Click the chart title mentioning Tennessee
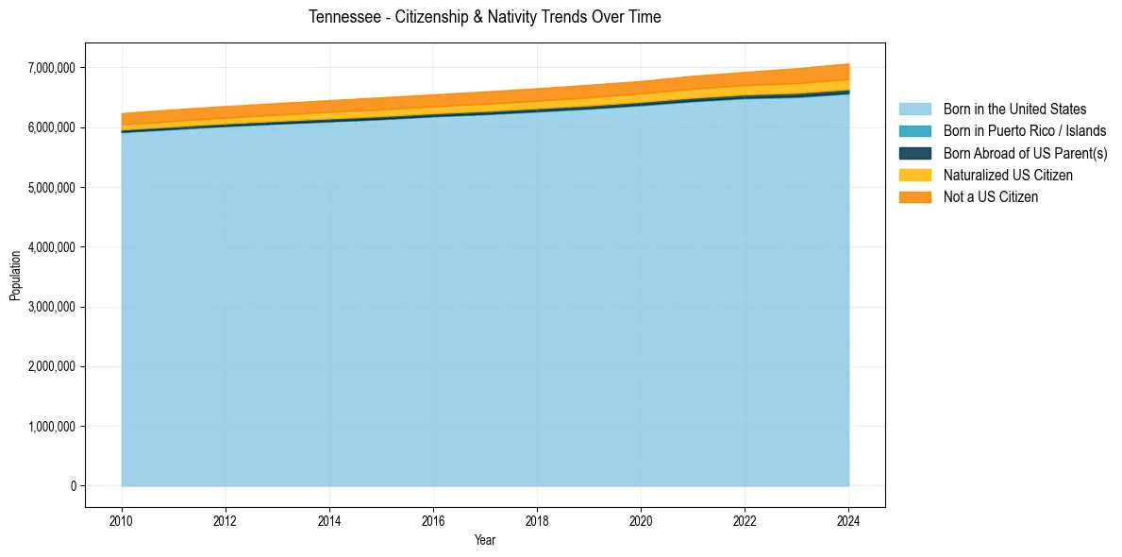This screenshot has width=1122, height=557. point(485,17)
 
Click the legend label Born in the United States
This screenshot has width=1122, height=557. point(1014,110)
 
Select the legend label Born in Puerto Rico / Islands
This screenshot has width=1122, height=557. point(1025,131)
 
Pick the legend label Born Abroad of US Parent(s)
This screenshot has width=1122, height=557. point(1025,153)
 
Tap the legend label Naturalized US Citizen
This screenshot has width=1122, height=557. point(1008,176)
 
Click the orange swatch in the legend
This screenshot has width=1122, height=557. point(914,197)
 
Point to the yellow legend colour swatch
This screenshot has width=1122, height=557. point(914,176)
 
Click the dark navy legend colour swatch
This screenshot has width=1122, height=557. point(914,153)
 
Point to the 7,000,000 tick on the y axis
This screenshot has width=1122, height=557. point(53,68)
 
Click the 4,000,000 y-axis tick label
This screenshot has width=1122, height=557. point(53,247)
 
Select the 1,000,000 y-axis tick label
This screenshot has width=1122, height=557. point(53,427)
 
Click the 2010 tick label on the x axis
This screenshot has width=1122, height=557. point(122,520)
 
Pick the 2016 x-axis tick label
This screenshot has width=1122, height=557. point(433,520)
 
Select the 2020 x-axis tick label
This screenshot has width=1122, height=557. point(641,520)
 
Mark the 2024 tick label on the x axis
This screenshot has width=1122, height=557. point(848,520)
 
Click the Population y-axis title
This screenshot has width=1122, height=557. point(15,276)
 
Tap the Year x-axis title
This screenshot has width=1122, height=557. point(485,541)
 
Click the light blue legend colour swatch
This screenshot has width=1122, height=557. point(914,110)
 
